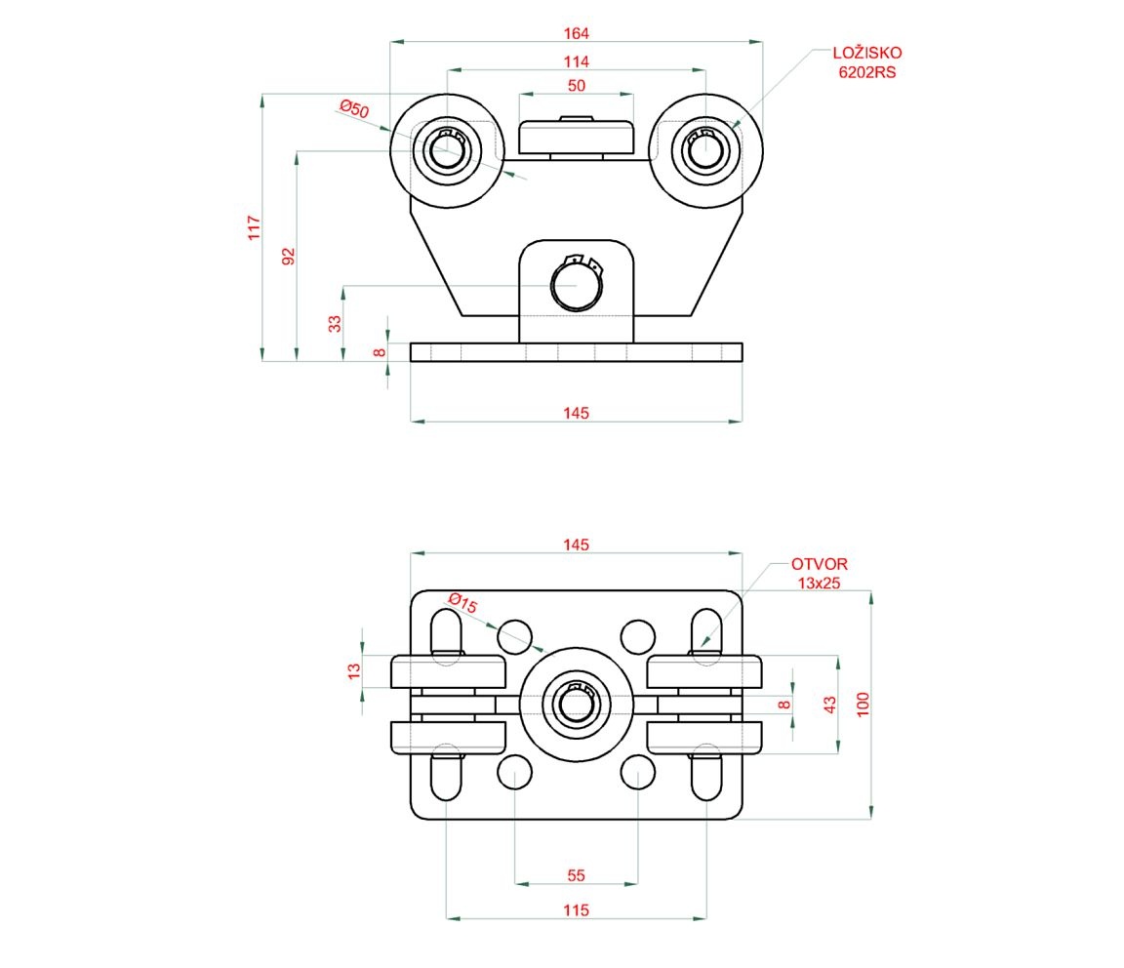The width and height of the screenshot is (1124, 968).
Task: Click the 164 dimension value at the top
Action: coord(577,33)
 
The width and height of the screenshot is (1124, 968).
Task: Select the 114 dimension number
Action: coord(577,61)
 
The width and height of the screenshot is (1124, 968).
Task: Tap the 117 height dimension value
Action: coord(255,228)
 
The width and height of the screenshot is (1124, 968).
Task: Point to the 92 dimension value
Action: coord(288,257)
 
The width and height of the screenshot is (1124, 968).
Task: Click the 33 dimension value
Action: coord(335,323)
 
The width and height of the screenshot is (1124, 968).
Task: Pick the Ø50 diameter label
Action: coord(354,109)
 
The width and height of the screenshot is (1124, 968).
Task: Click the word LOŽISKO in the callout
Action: coord(867,54)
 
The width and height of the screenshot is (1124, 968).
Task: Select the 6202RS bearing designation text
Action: coord(867,72)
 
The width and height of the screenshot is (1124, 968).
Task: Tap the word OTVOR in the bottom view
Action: coord(820,564)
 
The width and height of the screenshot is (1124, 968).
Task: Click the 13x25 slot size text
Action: coord(820,583)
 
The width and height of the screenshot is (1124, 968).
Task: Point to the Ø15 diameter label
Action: coord(462,603)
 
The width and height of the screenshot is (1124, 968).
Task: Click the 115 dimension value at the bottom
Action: coord(577,910)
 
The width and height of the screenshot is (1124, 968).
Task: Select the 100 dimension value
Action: coord(863,705)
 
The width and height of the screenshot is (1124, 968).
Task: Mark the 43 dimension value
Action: coord(829,703)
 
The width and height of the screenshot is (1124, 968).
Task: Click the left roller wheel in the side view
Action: coord(447,151)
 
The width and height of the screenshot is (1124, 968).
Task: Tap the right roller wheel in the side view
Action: coord(705,151)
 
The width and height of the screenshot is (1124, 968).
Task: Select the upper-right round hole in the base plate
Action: coord(638,636)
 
